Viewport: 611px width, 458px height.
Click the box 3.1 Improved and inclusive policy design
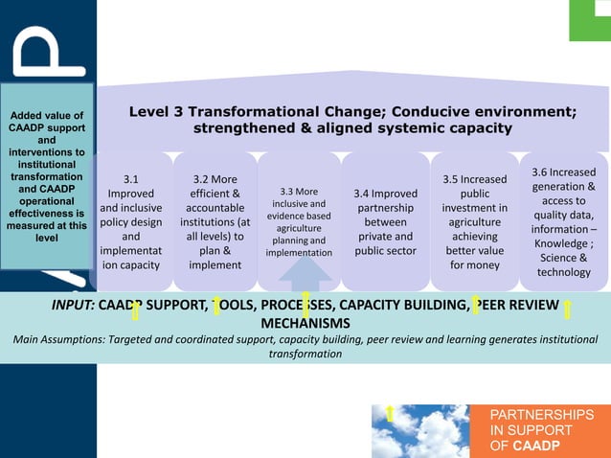[x=131, y=221]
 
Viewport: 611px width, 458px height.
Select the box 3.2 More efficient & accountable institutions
[x=215, y=221]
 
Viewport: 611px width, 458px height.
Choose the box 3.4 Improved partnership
[x=384, y=221]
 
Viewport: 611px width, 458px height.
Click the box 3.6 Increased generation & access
[x=563, y=221]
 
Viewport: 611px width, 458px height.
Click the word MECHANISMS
[x=305, y=323]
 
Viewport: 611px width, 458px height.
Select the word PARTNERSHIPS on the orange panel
[x=541, y=415]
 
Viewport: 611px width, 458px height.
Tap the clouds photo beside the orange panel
[x=421, y=431]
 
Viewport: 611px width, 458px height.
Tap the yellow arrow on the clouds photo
[x=391, y=414]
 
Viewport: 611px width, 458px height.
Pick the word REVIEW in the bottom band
[x=532, y=306]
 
